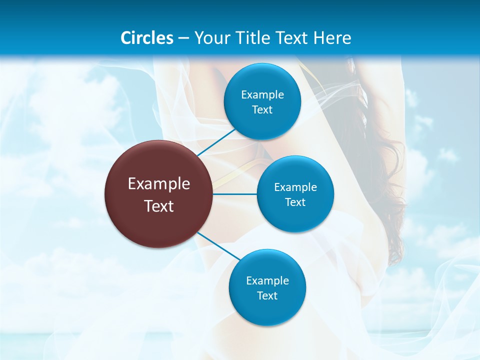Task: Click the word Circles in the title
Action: tap(147, 38)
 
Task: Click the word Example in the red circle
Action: tap(159, 184)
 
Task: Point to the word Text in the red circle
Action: tap(159, 206)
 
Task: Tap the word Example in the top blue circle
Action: tap(262, 95)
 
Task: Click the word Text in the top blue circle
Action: tap(262, 110)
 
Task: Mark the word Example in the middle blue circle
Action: tap(295, 187)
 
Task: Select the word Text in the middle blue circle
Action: tap(295, 202)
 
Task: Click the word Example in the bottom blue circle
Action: tap(267, 281)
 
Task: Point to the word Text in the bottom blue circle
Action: tap(267, 296)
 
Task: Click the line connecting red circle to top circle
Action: tap(216, 142)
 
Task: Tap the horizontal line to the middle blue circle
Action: tap(235, 194)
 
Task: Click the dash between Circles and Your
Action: tap(183, 38)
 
